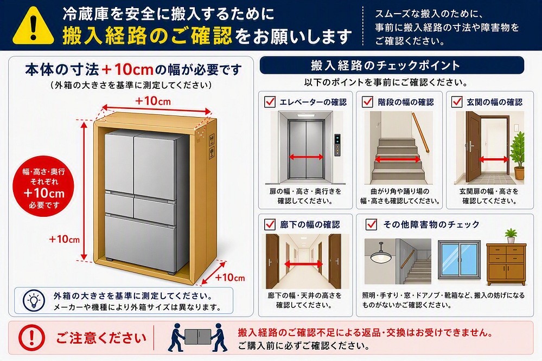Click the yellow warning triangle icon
(33, 27)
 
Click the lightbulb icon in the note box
(34, 300)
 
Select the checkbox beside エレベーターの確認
(270, 101)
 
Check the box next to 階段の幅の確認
(367, 101)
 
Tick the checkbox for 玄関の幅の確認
(457, 101)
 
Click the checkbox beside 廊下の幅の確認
(270, 224)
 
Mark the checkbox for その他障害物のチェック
(371, 224)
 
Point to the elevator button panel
(337, 145)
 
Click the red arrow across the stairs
(398, 159)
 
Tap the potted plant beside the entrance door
(518, 156)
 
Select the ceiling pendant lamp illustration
(381, 253)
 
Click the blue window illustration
(459, 260)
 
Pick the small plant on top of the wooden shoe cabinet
(511, 236)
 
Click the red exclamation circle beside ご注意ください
(32, 337)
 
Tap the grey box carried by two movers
(197, 336)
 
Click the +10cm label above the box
(153, 101)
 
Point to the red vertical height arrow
(84, 191)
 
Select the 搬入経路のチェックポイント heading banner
(392, 65)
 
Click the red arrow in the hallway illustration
(303, 265)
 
